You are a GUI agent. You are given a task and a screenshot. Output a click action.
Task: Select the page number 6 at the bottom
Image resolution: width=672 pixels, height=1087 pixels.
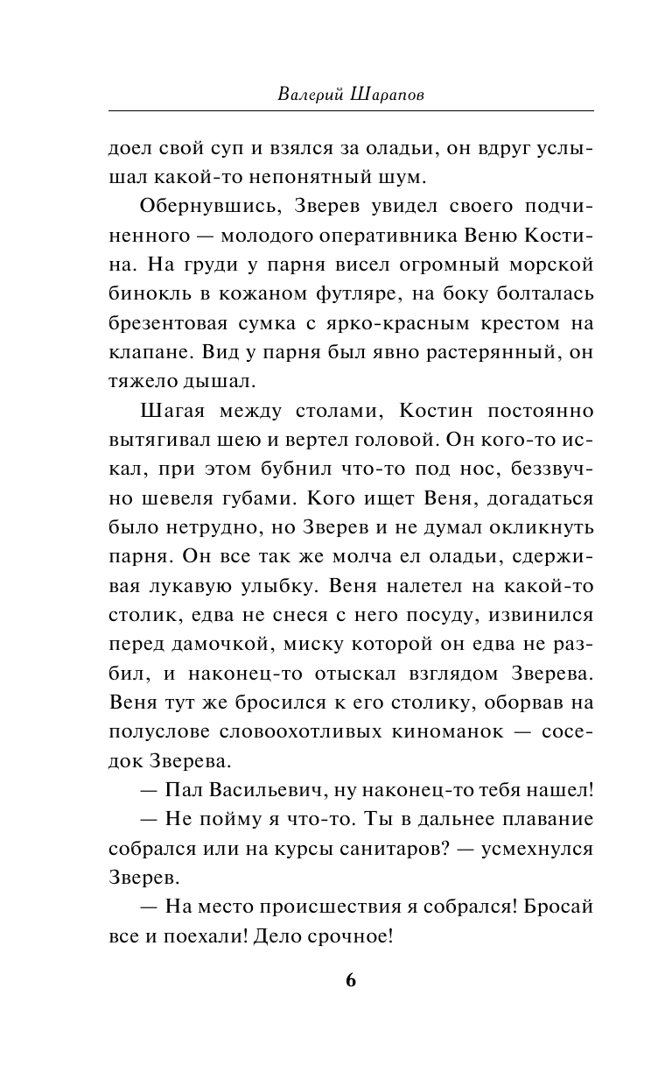pos(351,979)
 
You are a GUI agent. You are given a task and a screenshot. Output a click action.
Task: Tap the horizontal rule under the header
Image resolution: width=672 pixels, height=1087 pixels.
pos(351,111)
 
